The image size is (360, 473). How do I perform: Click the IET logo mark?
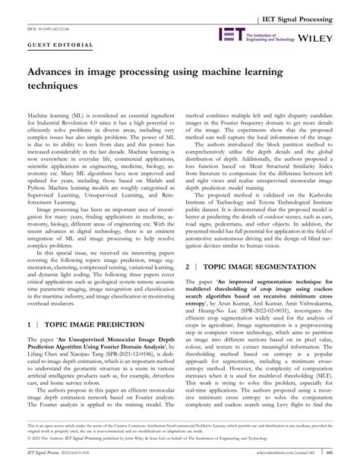230,34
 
